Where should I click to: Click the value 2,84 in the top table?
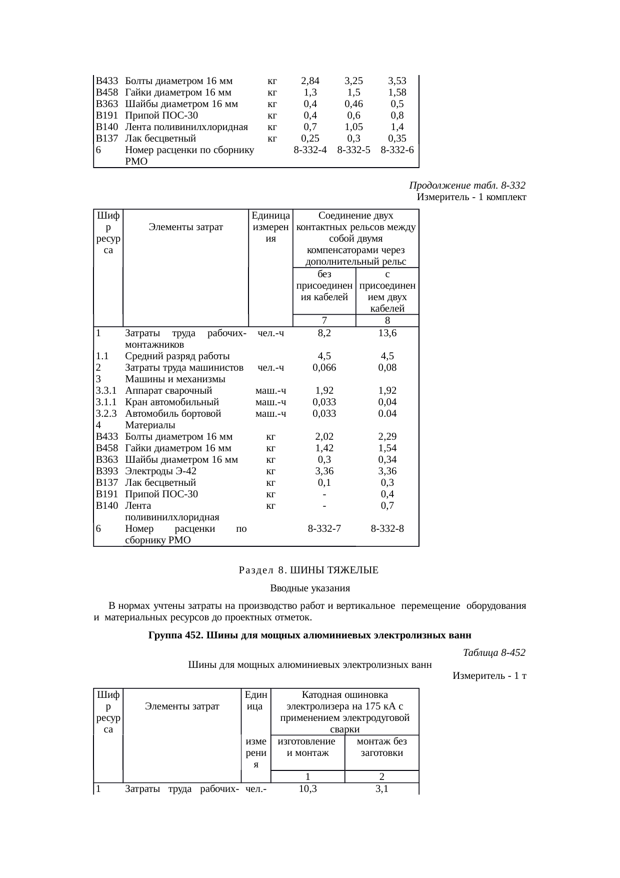point(310,81)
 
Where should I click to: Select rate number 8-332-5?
point(353,150)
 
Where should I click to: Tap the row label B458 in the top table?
point(106,93)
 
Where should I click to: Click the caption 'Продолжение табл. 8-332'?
point(467,186)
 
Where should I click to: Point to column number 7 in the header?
point(324,321)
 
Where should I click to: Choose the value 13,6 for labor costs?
point(387,333)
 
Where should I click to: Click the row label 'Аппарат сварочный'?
point(169,391)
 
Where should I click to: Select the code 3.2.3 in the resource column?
point(106,414)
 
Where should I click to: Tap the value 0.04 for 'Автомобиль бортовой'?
point(387,414)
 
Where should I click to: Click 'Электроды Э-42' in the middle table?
point(160,471)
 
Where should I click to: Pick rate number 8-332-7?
point(324,529)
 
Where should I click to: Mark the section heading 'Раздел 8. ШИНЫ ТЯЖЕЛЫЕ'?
point(308,570)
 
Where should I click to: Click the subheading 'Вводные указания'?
point(310,588)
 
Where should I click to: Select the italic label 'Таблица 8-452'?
point(494,653)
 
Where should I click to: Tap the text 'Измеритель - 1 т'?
point(489,676)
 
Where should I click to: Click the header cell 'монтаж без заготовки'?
point(381,747)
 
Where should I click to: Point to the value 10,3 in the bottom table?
point(307,789)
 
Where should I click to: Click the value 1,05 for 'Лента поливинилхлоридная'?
point(353,127)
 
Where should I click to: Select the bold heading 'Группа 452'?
point(310,636)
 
